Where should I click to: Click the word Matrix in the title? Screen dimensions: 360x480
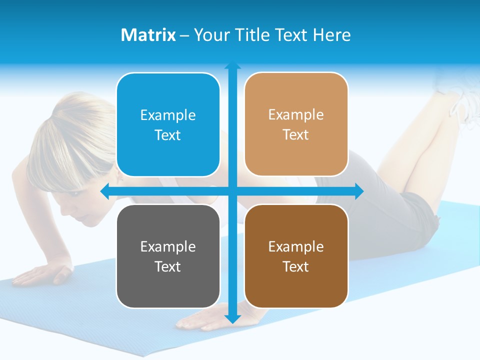(x=148, y=35)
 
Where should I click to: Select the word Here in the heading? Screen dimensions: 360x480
(x=332, y=35)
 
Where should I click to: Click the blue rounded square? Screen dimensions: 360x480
(x=168, y=124)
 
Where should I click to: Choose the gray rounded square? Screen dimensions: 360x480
(x=168, y=256)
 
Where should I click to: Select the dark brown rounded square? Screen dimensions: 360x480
(x=296, y=256)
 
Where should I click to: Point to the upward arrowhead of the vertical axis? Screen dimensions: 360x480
(x=232, y=66)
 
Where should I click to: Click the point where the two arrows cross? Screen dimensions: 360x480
(x=232, y=191)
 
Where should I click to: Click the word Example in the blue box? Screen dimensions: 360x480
(x=168, y=115)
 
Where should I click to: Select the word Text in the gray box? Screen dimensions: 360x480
(x=168, y=266)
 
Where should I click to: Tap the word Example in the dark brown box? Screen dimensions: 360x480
(x=296, y=246)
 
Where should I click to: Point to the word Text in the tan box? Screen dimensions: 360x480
(x=296, y=134)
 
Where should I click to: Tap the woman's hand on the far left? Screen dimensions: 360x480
(x=45, y=274)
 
